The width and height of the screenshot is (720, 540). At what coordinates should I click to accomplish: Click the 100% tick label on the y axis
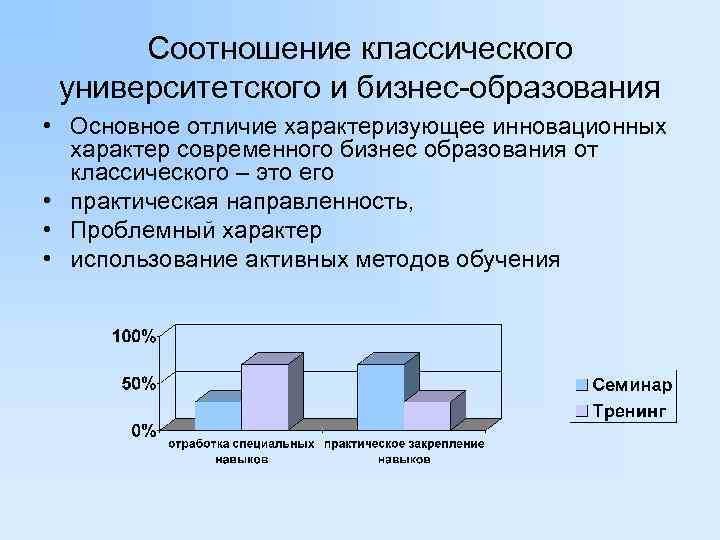[x=133, y=336]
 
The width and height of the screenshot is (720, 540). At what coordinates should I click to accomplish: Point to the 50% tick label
[x=137, y=383]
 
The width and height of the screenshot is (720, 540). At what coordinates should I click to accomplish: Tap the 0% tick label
[x=142, y=430]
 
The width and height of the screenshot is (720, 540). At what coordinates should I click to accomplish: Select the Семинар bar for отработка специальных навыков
[x=218, y=414]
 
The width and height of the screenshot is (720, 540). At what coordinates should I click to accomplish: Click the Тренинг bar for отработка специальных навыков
[x=265, y=396]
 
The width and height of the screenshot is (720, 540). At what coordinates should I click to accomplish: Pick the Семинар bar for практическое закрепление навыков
[x=380, y=396]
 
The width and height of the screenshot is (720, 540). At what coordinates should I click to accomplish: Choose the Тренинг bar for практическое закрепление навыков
[x=427, y=414]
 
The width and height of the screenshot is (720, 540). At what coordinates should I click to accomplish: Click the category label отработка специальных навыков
[x=241, y=451]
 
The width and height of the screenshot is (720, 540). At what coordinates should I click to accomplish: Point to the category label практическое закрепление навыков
[x=404, y=451]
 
